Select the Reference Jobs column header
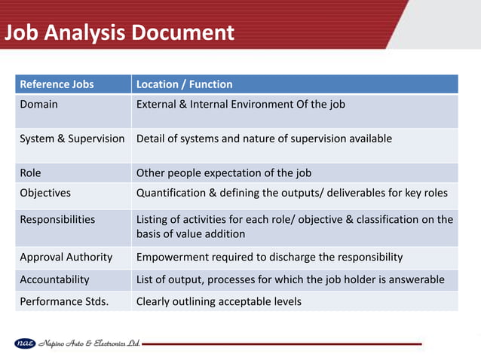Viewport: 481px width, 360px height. [57, 84]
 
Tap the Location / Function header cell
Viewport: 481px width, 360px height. [184, 84]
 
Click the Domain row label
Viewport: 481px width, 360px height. [38, 104]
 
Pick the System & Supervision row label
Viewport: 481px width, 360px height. [72, 139]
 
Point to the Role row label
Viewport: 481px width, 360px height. [31, 172]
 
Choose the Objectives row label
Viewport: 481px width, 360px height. [45, 193]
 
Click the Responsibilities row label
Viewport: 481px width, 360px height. [57, 219]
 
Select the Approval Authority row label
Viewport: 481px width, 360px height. [66, 257]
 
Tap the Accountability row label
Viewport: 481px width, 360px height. [54, 279]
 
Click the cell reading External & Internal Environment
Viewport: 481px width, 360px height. [240, 104]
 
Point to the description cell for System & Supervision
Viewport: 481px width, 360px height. [264, 139]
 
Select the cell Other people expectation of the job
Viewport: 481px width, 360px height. [224, 172]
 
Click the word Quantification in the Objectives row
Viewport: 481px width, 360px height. [170, 193]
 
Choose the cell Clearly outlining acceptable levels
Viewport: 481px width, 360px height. [219, 302]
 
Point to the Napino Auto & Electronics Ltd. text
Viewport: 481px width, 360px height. [88, 343]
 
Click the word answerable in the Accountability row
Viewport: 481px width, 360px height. [420, 279]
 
